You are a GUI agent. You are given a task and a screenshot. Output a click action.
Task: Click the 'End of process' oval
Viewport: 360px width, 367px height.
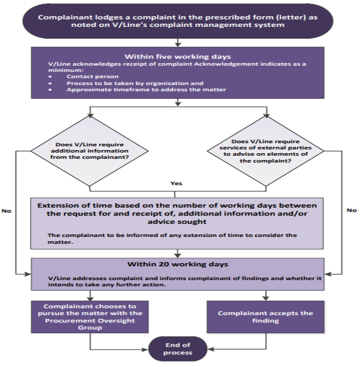179,348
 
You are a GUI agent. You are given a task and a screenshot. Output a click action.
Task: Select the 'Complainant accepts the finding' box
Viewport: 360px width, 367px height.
266,316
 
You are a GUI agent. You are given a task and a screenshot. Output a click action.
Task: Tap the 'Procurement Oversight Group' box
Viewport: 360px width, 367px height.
91,316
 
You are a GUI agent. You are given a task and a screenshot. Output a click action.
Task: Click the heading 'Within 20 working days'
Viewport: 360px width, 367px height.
179,265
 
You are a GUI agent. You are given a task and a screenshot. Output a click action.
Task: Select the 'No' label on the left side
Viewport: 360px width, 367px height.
7,211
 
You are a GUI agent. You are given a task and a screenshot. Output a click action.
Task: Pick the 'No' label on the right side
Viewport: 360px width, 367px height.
351,211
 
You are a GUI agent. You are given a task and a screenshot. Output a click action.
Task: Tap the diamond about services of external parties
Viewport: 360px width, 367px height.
267,151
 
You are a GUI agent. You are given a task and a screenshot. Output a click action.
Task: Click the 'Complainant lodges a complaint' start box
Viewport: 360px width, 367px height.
179,21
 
